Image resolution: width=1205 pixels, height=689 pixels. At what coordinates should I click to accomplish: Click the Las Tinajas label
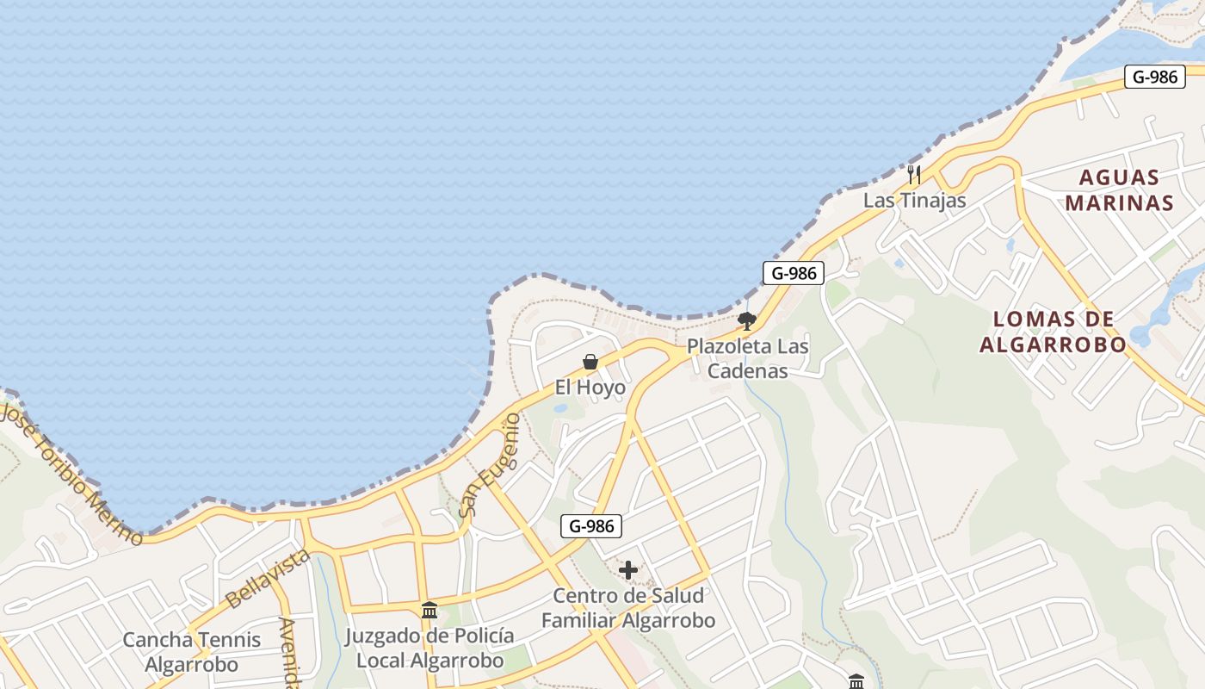[x=914, y=201]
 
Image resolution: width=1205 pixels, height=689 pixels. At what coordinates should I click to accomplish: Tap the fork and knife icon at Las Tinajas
[x=914, y=175]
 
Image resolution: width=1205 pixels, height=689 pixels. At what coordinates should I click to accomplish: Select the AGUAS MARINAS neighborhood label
[x=1119, y=190]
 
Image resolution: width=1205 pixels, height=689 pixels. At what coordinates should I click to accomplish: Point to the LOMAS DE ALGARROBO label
[x=1054, y=332]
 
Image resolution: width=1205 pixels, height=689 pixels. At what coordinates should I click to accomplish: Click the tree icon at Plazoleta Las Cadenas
[x=747, y=321]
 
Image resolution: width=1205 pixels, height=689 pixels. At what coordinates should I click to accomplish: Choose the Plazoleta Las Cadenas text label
[x=747, y=358]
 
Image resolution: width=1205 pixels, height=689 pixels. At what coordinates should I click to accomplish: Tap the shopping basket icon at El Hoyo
[x=590, y=362]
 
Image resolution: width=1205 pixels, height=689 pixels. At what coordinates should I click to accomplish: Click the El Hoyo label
[x=590, y=388]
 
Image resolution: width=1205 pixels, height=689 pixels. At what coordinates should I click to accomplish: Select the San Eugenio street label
[x=489, y=466]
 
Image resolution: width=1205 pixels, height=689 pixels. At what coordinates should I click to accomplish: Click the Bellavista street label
[x=267, y=578]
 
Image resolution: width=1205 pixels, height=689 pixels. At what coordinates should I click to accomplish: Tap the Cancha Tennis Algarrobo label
[x=191, y=652]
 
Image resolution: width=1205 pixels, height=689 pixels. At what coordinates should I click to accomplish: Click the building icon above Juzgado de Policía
[x=429, y=611]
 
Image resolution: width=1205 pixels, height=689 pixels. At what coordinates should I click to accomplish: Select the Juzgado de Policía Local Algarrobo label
[x=429, y=649]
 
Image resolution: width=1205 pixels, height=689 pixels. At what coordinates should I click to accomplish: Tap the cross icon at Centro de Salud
[x=628, y=570]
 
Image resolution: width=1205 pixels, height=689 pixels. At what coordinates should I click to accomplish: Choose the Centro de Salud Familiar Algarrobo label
[x=628, y=608]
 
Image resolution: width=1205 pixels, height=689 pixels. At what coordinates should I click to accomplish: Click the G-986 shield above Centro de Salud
[x=591, y=526]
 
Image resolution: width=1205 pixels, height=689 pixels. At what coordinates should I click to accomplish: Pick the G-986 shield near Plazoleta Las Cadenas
[x=794, y=274]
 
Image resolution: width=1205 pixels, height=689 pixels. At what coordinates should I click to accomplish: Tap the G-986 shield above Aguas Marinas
[x=1154, y=77]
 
